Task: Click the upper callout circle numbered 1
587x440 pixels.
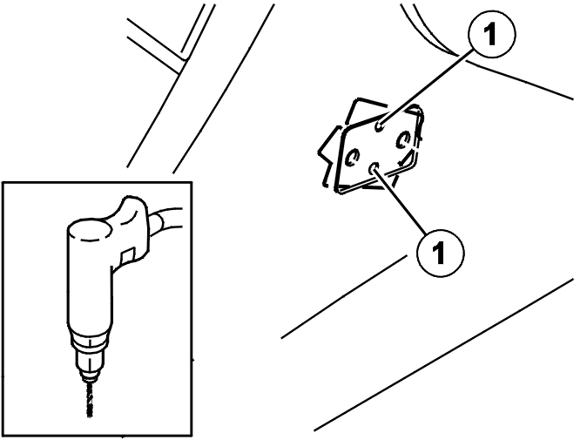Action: (491, 34)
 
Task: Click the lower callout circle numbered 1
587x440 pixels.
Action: (441, 253)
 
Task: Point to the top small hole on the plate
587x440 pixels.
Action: (380, 126)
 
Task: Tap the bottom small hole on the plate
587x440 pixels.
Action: (374, 168)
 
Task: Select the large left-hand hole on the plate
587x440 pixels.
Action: (353, 157)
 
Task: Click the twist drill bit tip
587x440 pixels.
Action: (89, 415)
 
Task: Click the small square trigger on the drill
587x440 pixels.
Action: (128, 255)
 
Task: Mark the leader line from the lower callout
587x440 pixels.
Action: (400, 200)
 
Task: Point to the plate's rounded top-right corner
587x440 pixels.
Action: (419, 111)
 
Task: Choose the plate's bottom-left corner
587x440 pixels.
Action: (338, 190)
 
